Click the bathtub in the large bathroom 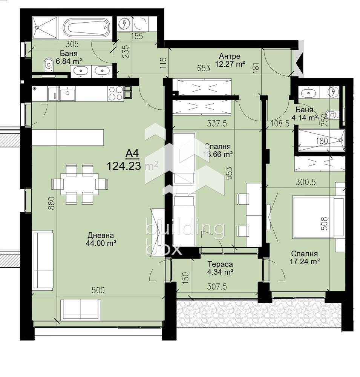pos(86,28)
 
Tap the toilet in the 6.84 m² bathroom pos(48,66)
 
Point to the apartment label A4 pos(132,153)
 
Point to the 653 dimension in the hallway pos(204,68)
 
